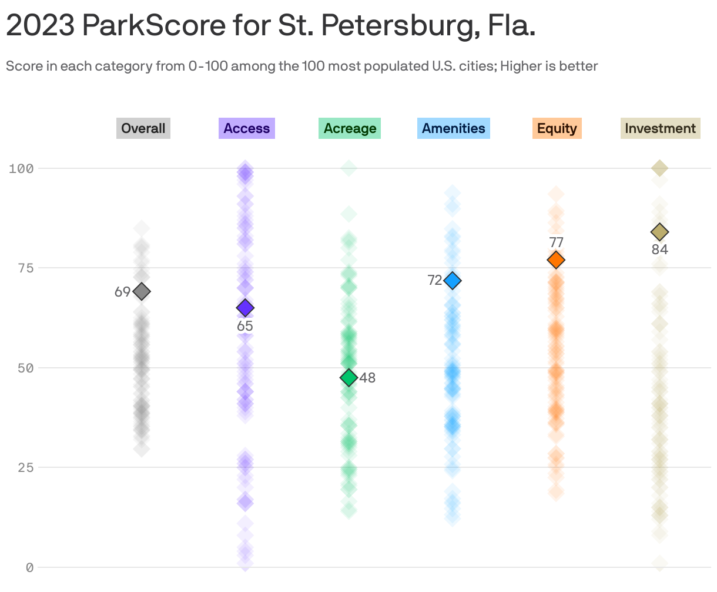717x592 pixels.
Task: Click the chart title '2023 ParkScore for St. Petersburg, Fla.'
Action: (x=270, y=26)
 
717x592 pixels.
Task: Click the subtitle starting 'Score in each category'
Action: (x=301, y=66)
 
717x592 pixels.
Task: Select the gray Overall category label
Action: (x=143, y=128)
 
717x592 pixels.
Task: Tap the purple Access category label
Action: (x=246, y=128)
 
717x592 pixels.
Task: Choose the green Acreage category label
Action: (x=350, y=128)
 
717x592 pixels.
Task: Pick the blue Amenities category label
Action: (x=453, y=128)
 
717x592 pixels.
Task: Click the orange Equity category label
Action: (x=557, y=128)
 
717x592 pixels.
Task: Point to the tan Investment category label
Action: (x=660, y=128)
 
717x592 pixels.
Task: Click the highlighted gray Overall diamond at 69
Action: (x=142, y=291)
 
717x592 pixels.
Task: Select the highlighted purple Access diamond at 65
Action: (x=245, y=308)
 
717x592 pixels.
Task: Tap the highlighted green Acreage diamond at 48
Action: (x=349, y=377)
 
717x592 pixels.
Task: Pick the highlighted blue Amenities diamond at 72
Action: (x=453, y=281)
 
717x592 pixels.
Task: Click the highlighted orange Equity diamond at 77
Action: (x=556, y=260)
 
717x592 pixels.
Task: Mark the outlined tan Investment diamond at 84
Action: (x=659, y=232)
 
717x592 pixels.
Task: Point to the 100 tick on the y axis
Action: (x=21, y=168)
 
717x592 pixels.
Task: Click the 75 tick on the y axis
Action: (x=24, y=268)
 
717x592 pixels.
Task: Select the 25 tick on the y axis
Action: (x=24, y=467)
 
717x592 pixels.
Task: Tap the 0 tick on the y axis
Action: (x=29, y=567)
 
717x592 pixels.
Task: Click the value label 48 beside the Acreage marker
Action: (x=367, y=378)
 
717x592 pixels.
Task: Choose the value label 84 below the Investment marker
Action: (x=659, y=250)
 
